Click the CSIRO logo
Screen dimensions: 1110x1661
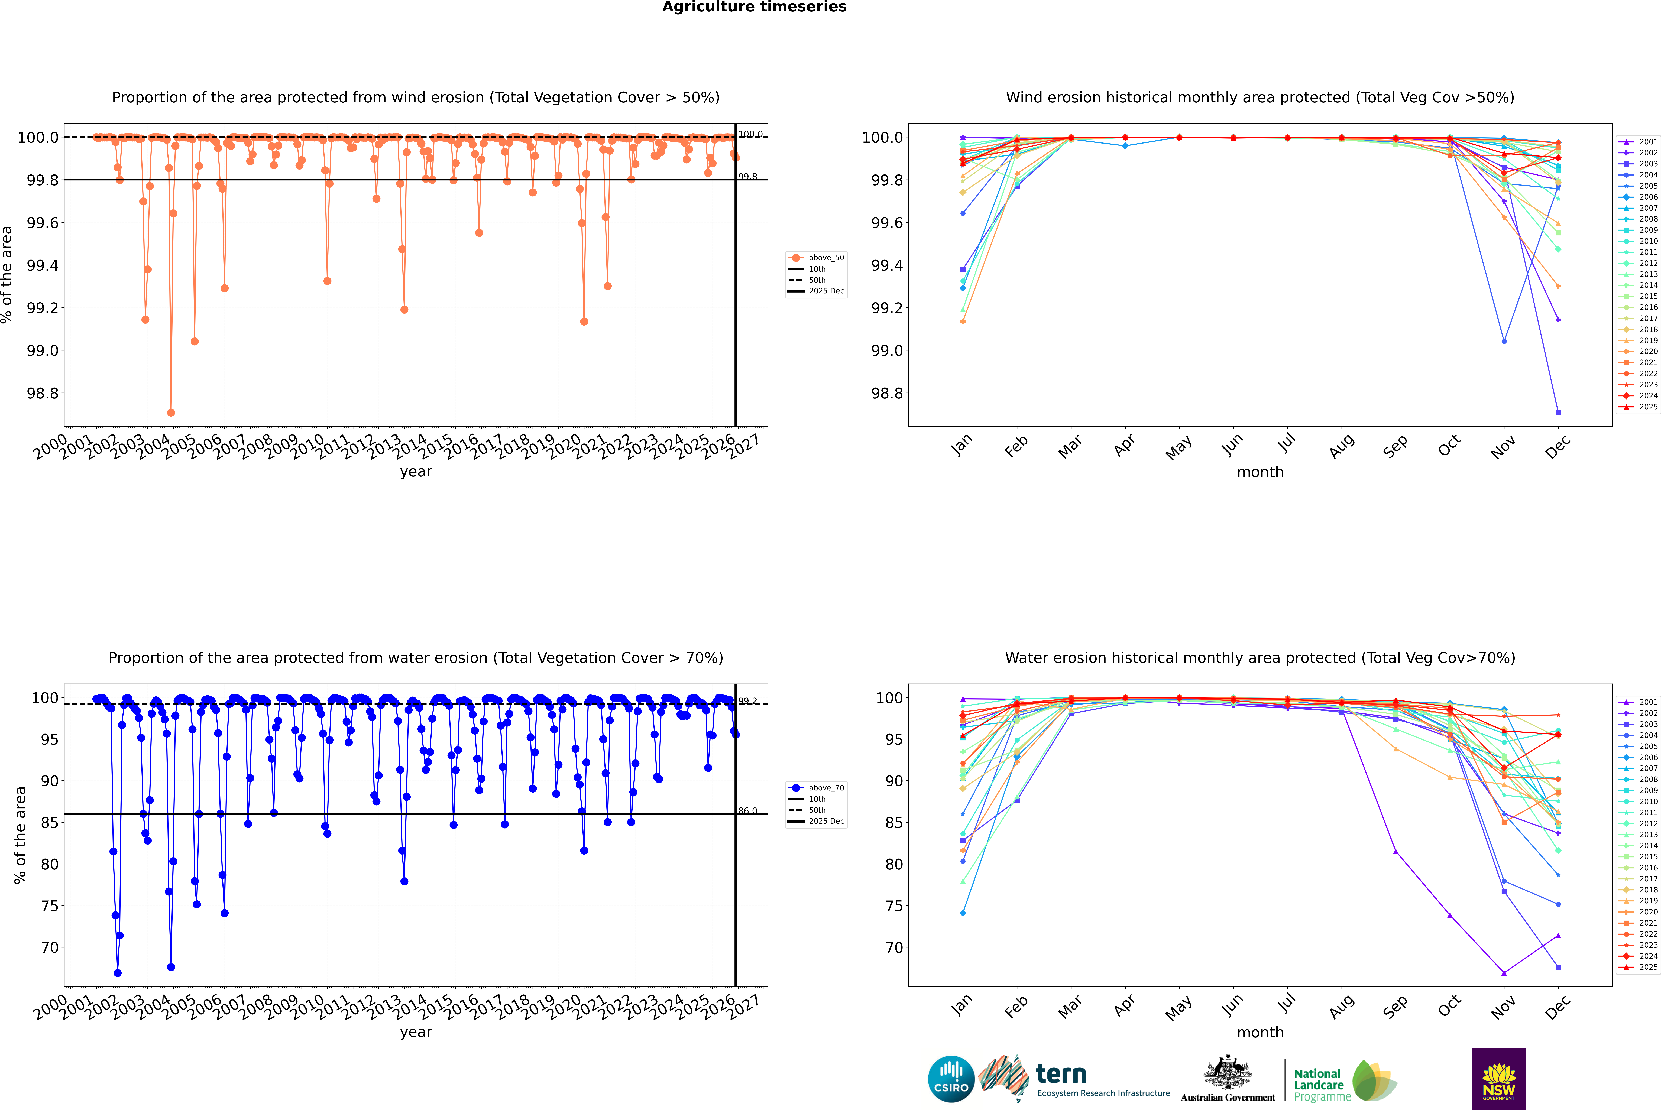tap(951, 1079)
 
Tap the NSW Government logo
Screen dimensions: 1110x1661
tap(1499, 1079)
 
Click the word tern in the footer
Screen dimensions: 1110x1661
tap(1061, 1074)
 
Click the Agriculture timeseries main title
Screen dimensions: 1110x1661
tap(754, 7)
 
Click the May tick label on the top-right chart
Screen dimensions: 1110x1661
tap(1178, 447)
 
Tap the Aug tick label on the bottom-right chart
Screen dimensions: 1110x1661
tap(1341, 1007)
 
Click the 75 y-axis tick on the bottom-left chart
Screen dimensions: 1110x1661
tap(50, 906)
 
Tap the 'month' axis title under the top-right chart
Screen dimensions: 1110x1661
tap(1259, 472)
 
